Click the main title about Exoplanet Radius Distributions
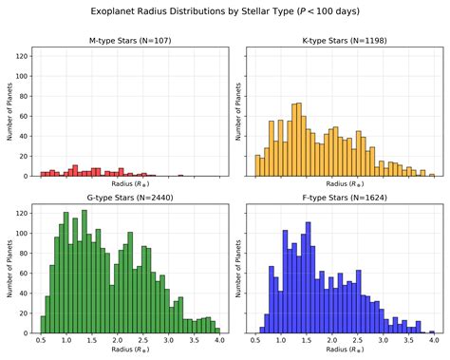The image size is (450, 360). [x=225, y=12]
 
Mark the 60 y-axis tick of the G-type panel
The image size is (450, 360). [x=25, y=274]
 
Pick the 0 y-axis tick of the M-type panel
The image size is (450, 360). [x=28, y=176]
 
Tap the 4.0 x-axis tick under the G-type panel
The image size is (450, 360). [x=218, y=340]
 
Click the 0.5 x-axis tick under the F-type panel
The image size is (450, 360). [x=257, y=340]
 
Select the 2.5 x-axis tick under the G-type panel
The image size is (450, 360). [x=142, y=340]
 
